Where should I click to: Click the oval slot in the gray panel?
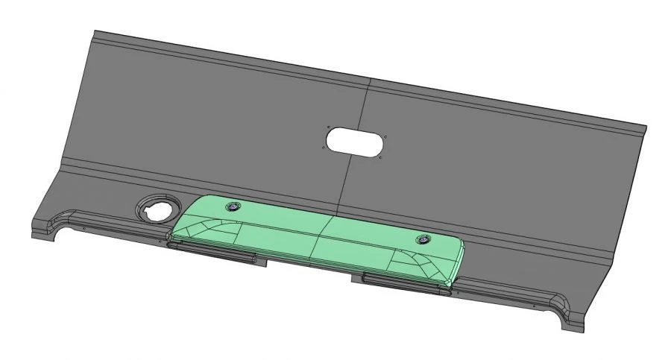coord(356,141)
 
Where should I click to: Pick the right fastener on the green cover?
coord(423,239)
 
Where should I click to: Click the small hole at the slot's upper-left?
coord(327,127)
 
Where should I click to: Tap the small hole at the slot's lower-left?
coord(322,146)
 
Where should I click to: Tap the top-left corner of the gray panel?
coord(95,31)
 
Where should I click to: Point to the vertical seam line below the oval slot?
coord(345,183)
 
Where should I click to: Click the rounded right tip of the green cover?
coord(461,257)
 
